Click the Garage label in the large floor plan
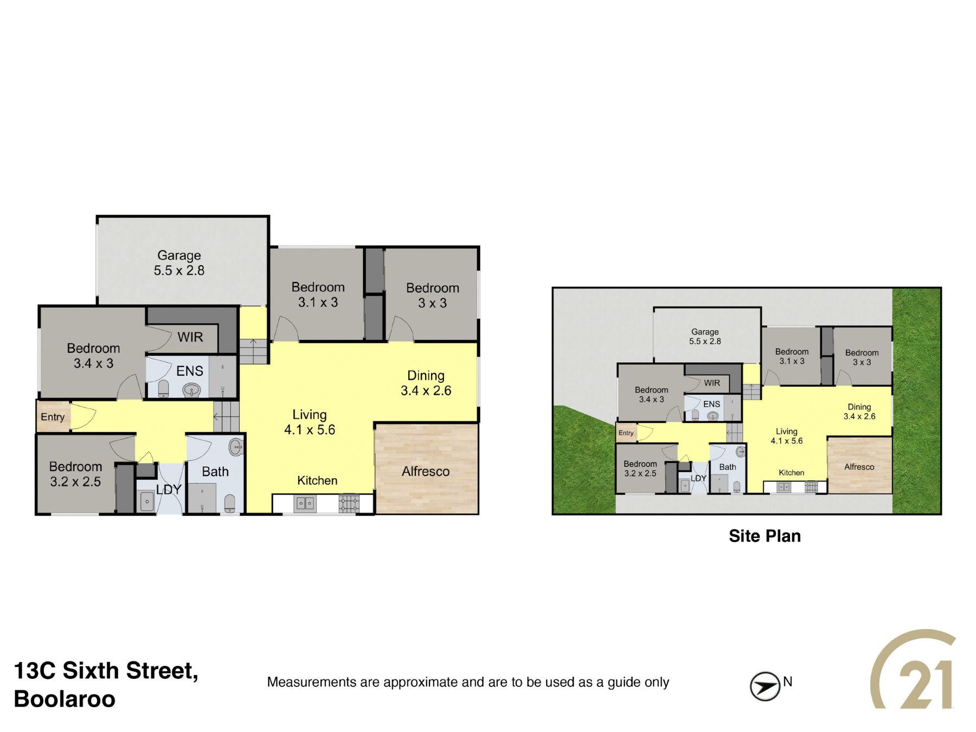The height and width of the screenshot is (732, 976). (179, 255)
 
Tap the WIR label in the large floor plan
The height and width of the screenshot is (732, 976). (190, 337)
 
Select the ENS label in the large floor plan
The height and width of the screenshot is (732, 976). (190, 371)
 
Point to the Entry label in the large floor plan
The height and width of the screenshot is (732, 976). (53, 417)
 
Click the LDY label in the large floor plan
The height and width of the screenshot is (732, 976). (169, 490)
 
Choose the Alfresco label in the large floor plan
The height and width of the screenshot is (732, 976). (426, 472)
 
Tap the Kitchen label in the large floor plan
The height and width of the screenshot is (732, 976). (317, 480)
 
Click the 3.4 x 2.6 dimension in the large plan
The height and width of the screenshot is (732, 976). (426, 390)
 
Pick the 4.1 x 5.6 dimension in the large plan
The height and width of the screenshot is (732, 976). (310, 430)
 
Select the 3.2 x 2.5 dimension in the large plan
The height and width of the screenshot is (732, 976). (75, 481)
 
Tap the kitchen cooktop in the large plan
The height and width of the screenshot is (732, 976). (349, 504)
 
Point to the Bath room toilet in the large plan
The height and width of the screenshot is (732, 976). (230, 504)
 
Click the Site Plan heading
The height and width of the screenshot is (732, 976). (765, 536)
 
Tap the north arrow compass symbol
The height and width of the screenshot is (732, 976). (765, 686)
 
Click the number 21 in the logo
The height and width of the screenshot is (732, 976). (926, 684)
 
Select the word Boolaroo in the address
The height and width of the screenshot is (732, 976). (65, 699)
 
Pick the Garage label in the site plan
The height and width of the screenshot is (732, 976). (705, 332)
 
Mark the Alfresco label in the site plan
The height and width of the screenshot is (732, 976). (859, 467)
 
